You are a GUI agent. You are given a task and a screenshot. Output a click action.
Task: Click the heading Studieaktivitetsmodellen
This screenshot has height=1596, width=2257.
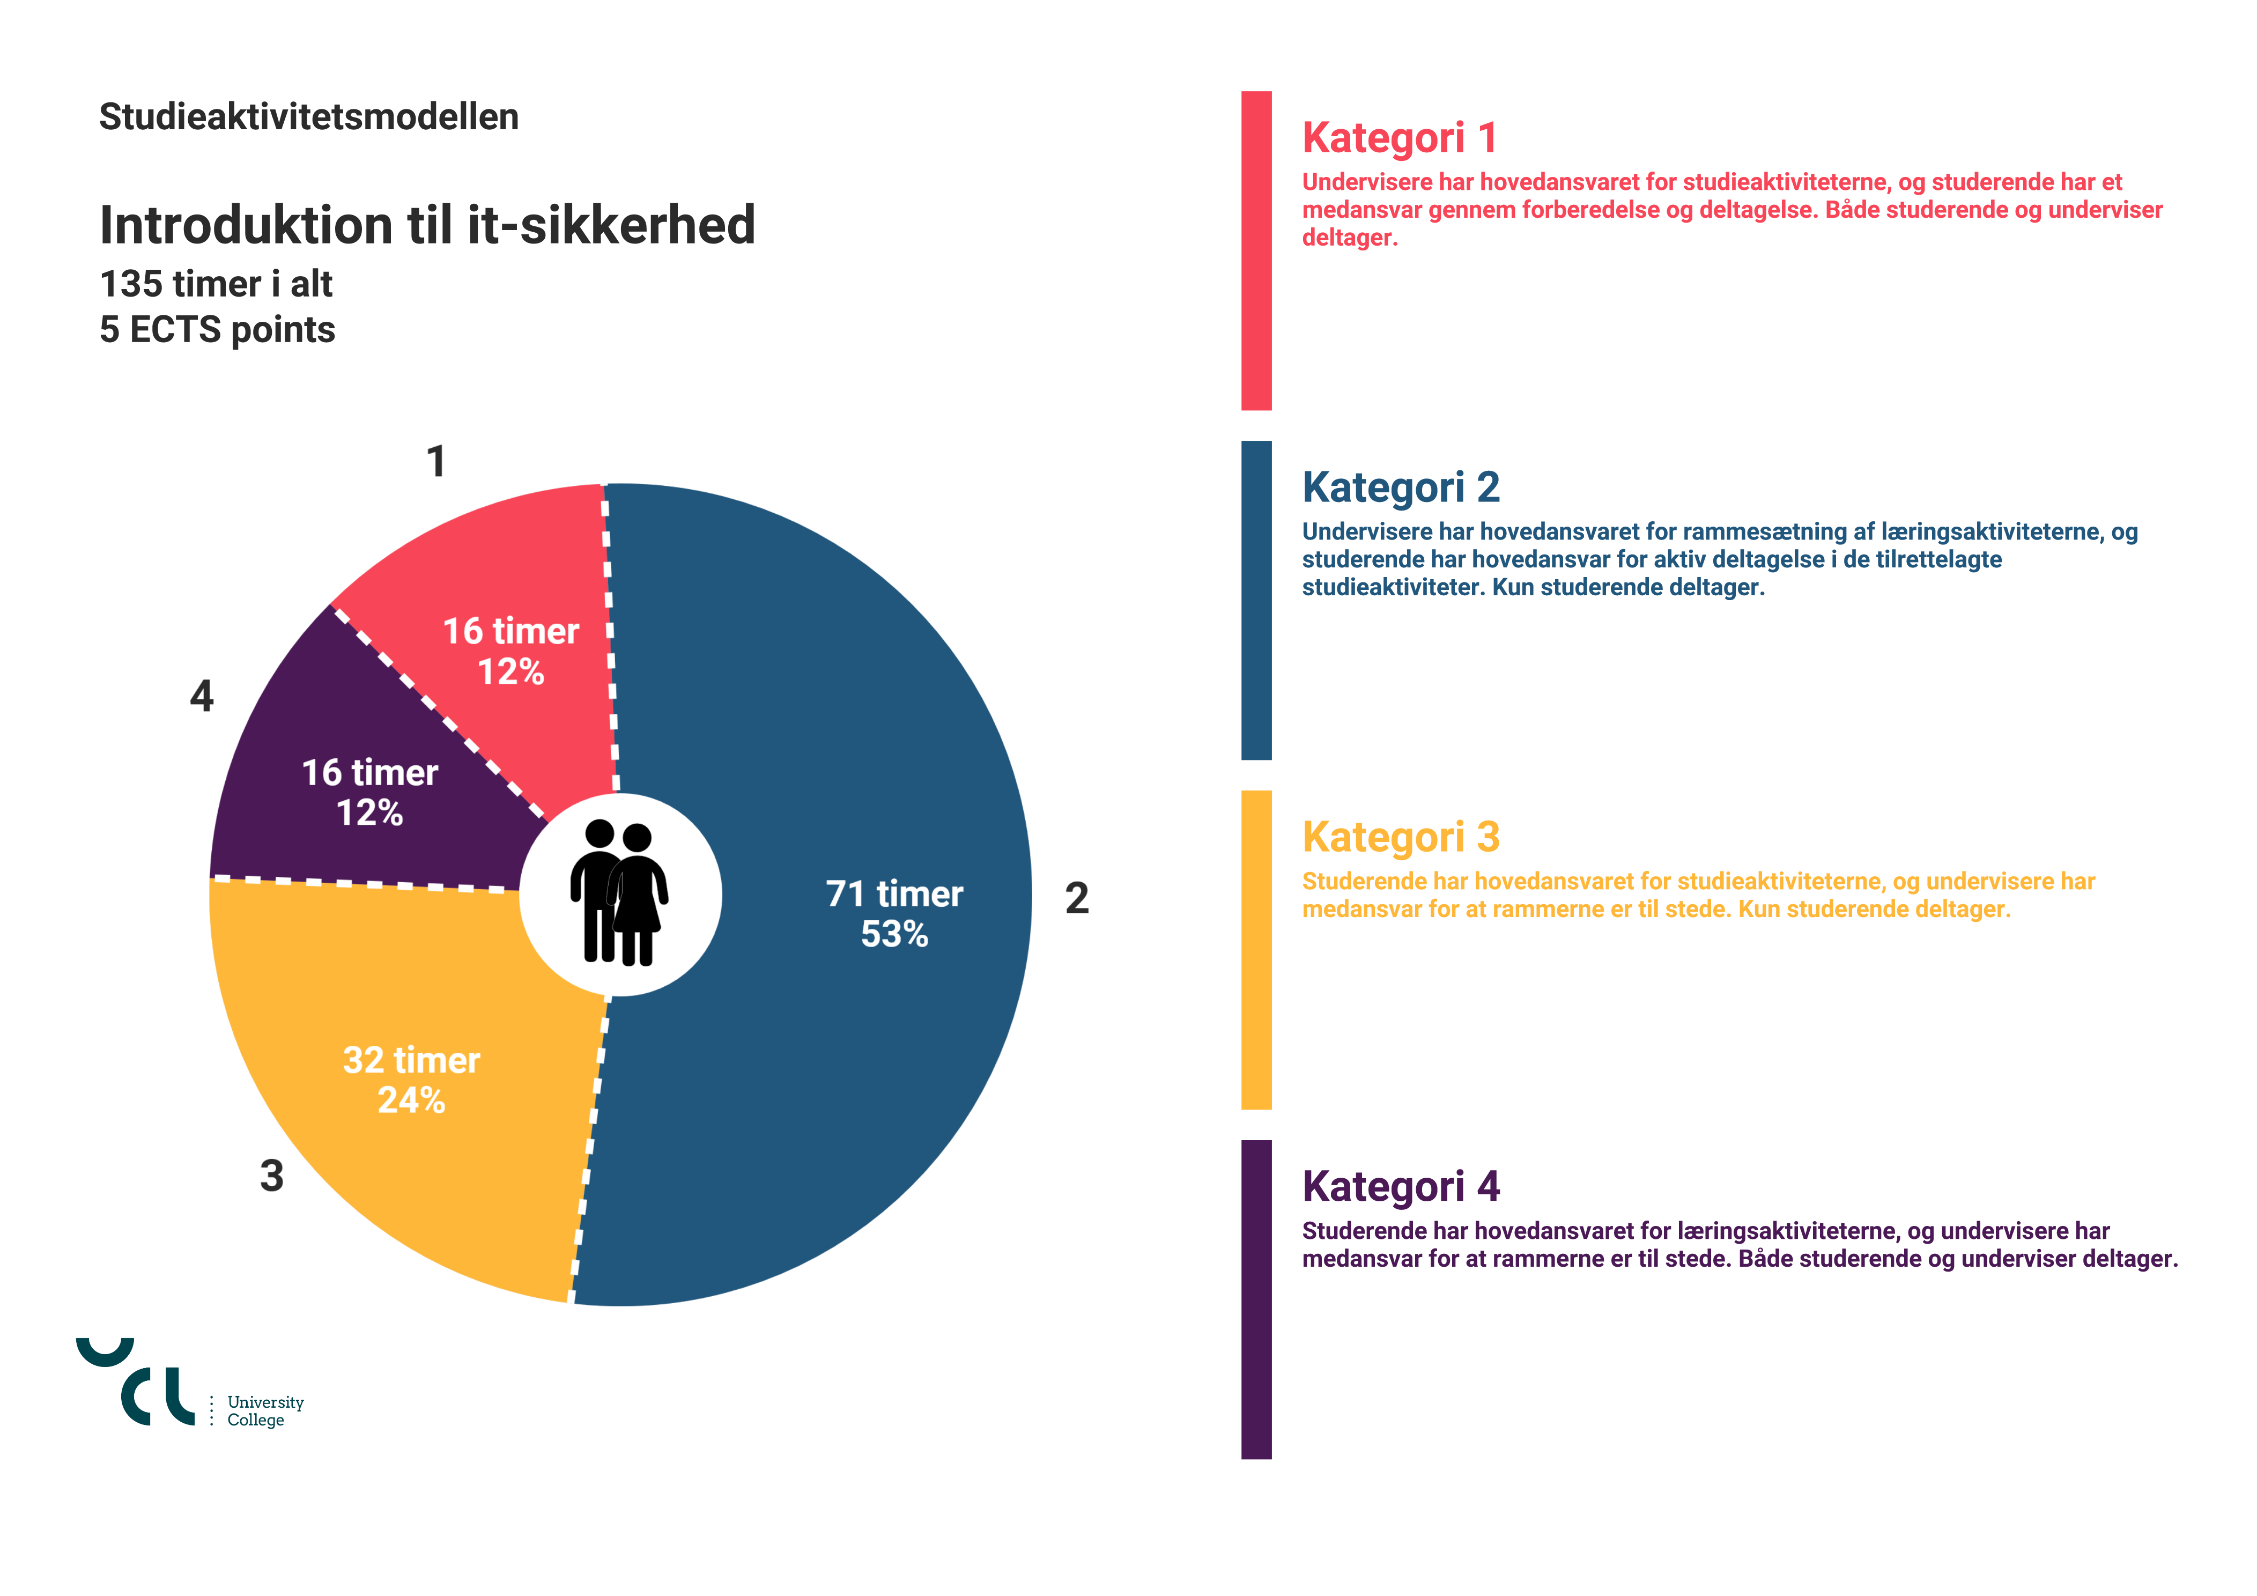click(309, 117)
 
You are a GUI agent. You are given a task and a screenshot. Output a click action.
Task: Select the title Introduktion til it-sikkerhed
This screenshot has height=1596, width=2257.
click(427, 225)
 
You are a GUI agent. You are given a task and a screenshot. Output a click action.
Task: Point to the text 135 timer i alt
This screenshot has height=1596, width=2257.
click(216, 284)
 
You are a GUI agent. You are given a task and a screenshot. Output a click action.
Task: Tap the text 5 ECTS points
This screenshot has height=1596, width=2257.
click(217, 329)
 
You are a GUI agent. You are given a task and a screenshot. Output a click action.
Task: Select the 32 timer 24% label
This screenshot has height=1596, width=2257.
click(411, 1080)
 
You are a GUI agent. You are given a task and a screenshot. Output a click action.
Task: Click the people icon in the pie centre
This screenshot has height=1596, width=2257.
click(619, 893)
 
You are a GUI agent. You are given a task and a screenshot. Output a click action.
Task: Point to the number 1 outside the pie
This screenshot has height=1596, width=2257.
click(436, 461)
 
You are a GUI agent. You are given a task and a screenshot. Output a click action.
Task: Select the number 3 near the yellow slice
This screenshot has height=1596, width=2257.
click(271, 1175)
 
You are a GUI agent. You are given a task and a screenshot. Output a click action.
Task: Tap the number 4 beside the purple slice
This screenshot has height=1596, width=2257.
click(202, 696)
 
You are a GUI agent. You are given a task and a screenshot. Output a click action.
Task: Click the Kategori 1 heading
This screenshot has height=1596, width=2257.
click(1400, 138)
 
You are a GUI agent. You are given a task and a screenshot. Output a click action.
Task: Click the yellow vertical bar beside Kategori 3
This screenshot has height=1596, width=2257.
click(1256, 950)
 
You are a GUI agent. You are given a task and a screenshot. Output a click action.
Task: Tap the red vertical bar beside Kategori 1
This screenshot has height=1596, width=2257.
click(1256, 251)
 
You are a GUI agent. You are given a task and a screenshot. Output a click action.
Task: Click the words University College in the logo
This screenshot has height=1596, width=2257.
click(264, 1411)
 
